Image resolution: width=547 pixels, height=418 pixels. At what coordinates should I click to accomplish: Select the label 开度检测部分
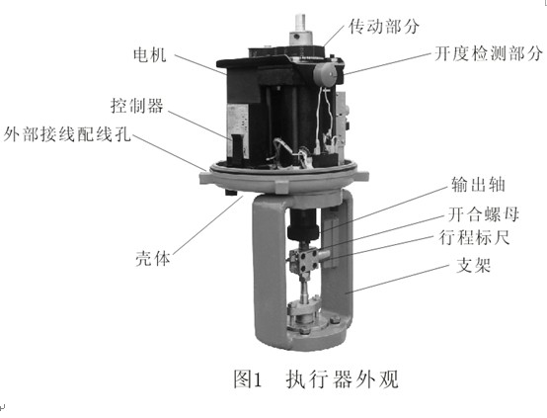[x=486, y=55]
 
